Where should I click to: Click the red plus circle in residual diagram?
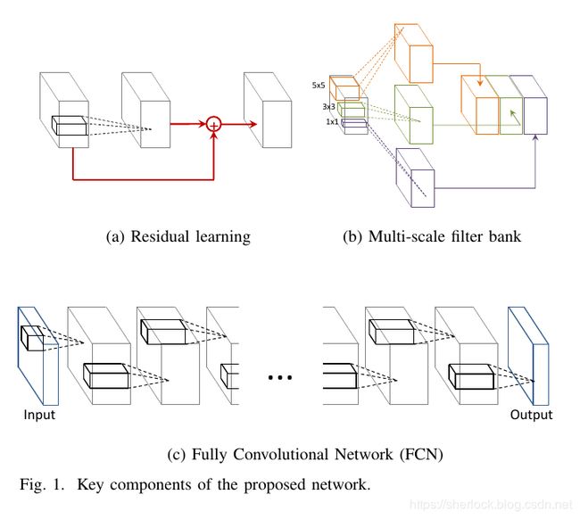[213, 125]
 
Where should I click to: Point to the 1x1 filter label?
[331, 122]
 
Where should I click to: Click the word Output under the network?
[531, 415]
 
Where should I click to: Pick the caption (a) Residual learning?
[178, 237]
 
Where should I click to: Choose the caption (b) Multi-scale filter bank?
[431, 237]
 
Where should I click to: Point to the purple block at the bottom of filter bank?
[415, 177]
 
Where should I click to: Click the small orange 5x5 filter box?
[344, 89]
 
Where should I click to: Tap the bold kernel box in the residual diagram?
[70, 126]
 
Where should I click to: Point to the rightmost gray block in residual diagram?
[268, 111]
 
